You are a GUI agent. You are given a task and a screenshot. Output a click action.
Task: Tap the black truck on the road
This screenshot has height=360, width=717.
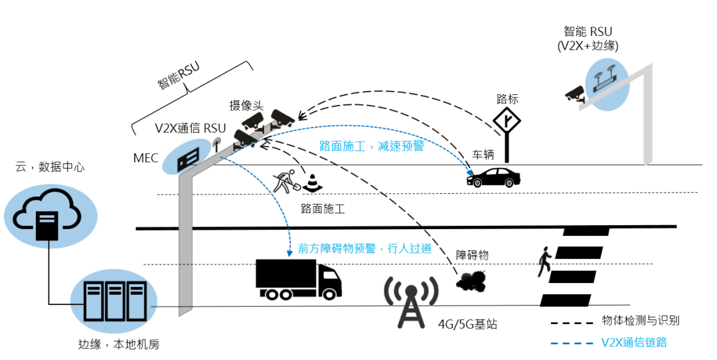pos(298,278)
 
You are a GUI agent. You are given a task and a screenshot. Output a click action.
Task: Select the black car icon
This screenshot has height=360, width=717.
pos(495,177)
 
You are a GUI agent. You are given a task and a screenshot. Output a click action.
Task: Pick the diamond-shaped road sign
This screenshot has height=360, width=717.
pos(507,122)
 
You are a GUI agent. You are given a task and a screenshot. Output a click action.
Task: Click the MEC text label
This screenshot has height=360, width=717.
pos(146,158)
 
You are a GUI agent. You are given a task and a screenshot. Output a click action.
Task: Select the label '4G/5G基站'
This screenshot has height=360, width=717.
pos(467,325)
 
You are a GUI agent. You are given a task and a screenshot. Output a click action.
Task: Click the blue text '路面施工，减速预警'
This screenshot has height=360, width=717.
pos(371,146)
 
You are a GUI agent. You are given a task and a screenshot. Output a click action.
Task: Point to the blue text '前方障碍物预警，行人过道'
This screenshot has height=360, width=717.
pos(365,248)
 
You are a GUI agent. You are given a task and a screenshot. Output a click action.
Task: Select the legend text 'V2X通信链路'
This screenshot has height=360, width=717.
pos(634,343)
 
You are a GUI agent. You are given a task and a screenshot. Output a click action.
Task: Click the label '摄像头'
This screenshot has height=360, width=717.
pos(247,106)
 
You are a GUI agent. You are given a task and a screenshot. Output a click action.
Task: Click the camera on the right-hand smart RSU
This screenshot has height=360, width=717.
pos(574,94)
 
